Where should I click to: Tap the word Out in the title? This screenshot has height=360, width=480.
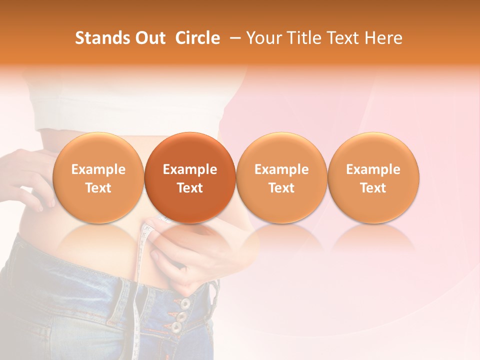click(x=149, y=38)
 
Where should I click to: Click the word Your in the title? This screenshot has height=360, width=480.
click(x=264, y=38)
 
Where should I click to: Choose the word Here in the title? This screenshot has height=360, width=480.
click(x=383, y=38)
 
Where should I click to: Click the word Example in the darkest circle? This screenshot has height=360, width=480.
click(x=190, y=169)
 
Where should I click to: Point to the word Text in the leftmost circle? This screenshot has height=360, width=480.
click(x=98, y=188)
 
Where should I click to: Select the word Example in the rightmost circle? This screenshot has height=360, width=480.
click(x=373, y=169)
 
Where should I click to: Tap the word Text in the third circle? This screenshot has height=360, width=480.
click(x=281, y=188)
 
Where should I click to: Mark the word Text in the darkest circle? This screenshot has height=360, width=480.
click(x=190, y=188)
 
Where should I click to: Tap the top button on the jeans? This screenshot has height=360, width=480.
click(x=185, y=303)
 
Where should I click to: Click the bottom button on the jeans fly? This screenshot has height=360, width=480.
click(x=176, y=327)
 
